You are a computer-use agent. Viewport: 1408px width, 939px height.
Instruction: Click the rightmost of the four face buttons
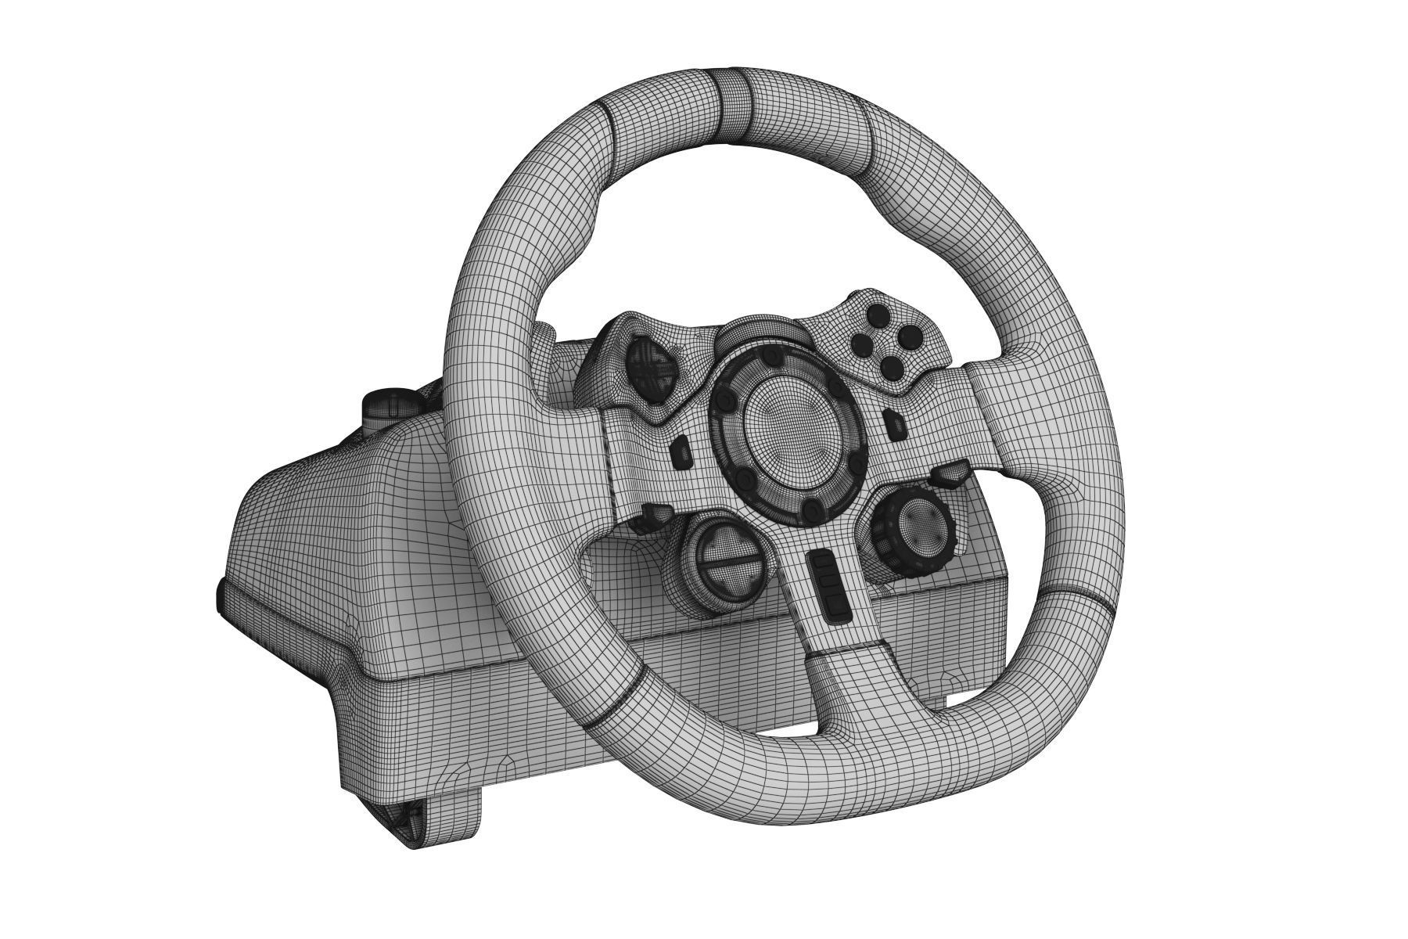click(x=910, y=337)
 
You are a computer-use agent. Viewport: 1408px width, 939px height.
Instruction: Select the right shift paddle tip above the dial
click(x=949, y=473)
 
